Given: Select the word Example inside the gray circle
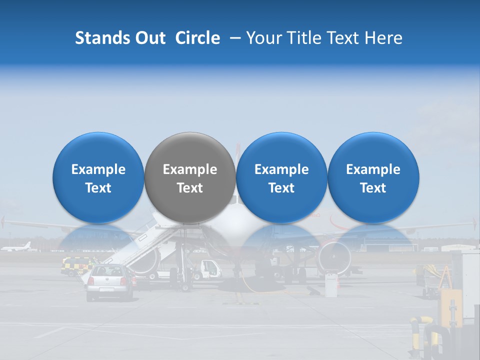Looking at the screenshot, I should [190, 169].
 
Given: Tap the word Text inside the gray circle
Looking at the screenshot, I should [190, 188].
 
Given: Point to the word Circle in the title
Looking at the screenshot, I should [197, 38].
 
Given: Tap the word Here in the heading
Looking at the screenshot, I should [384, 38].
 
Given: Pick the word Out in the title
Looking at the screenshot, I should [149, 38].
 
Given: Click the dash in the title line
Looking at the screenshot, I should [233, 38].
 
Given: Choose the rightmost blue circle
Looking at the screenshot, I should [373, 177].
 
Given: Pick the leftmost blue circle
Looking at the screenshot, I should [98, 177].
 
